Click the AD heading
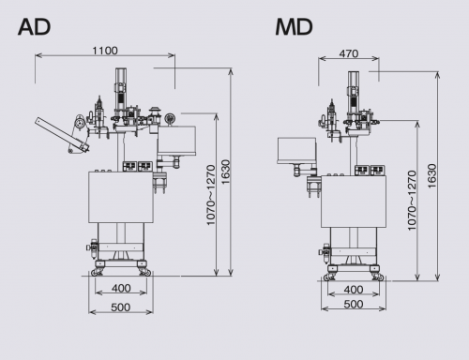[35, 27]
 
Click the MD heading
[294, 27]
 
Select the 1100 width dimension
[105, 51]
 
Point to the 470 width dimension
[349, 53]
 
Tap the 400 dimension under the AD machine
[121, 288]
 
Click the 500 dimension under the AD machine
[121, 307]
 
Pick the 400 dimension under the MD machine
[354, 290]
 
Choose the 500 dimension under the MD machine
[354, 304]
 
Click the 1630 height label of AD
[225, 172]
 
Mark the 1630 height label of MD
[431, 176]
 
